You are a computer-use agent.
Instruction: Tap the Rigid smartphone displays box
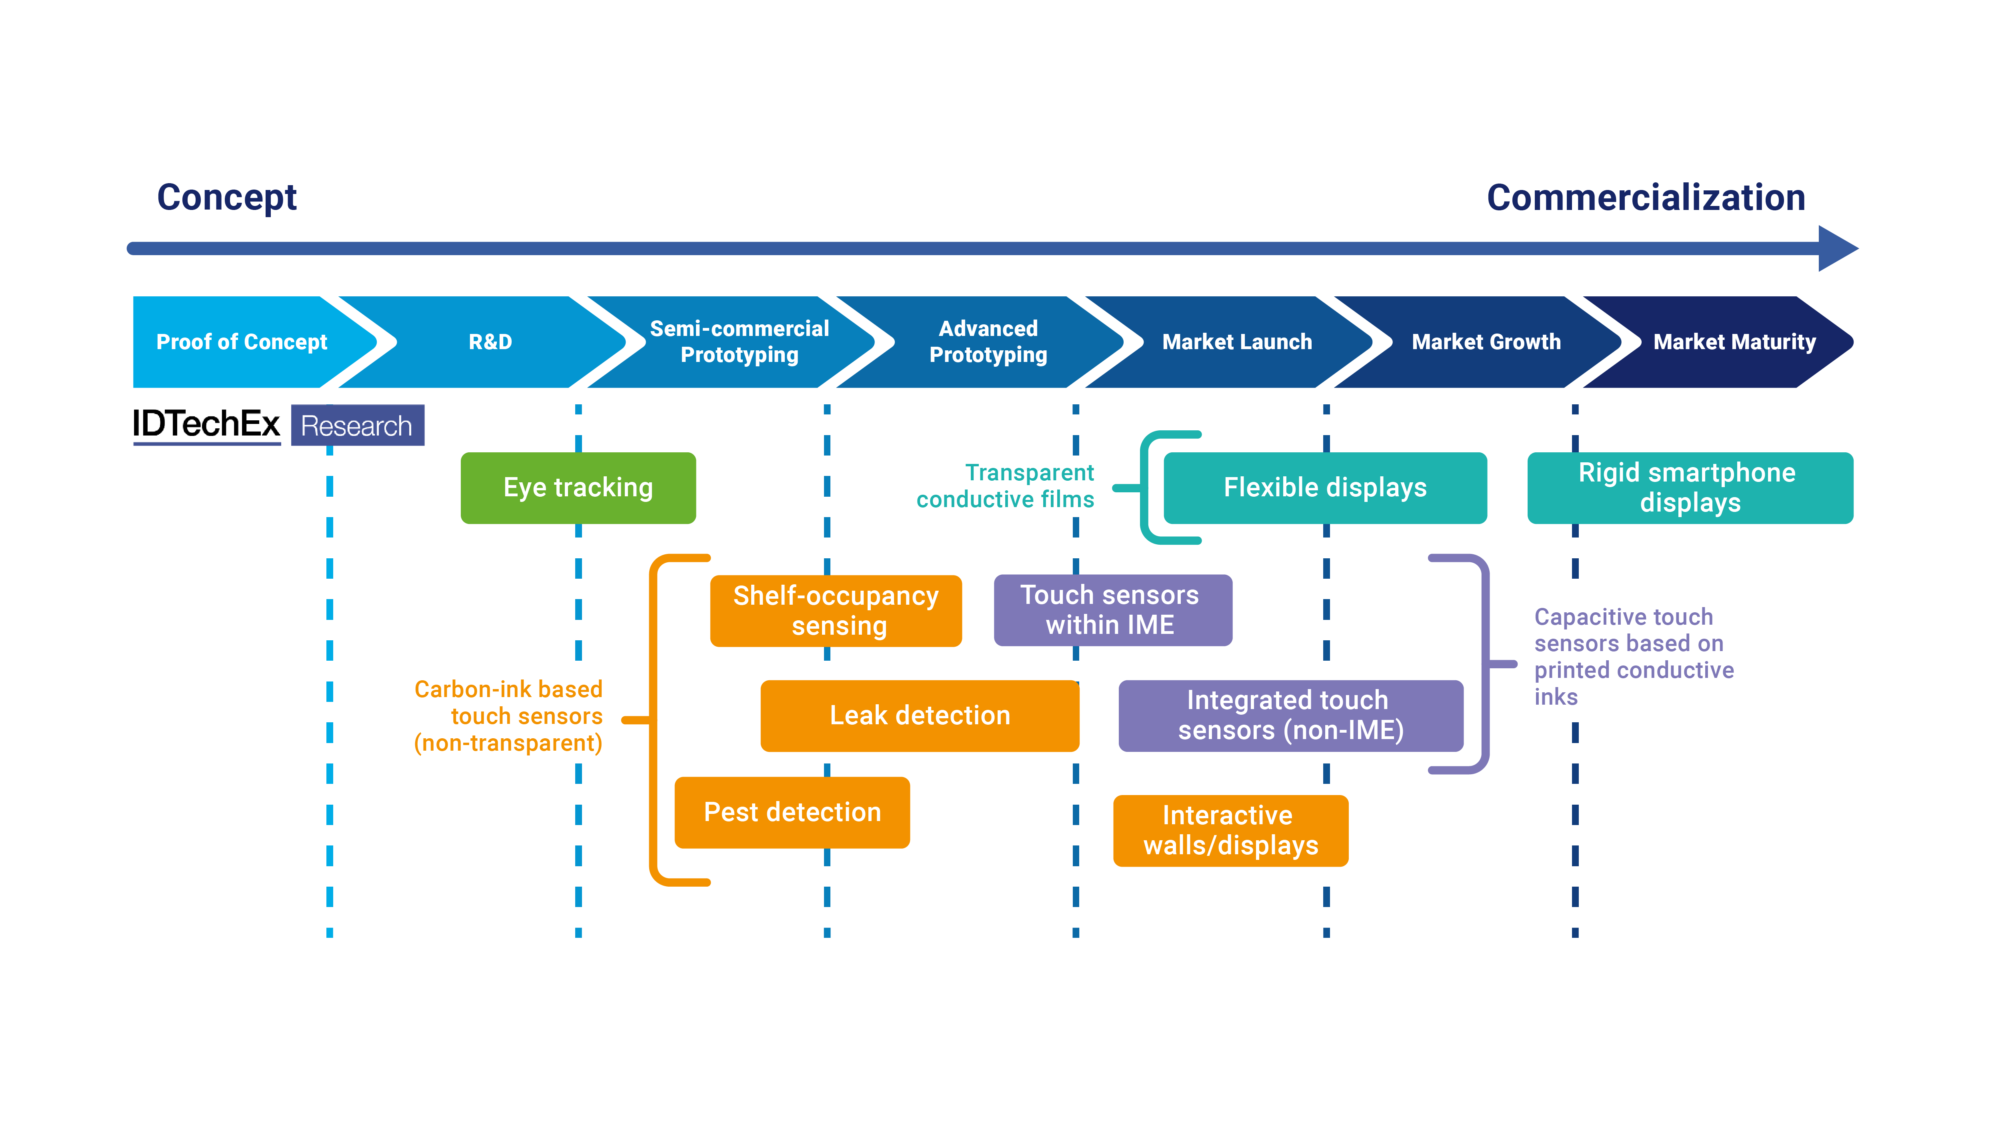pyautogui.click(x=1690, y=488)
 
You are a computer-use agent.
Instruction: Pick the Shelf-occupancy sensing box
pyautogui.click(x=836, y=610)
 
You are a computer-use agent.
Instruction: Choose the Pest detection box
pyautogui.click(x=792, y=812)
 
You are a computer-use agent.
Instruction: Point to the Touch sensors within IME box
pyautogui.click(x=1112, y=610)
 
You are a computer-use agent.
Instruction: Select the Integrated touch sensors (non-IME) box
pyautogui.click(x=1290, y=715)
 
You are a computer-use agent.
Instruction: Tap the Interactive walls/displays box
pyautogui.click(x=1230, y=830)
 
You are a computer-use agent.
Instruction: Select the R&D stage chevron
pyautogui.click(x=490, y=342)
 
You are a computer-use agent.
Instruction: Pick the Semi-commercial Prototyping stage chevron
pyautogui.click(x=739, y=342)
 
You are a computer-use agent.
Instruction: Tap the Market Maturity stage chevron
pyautogui.click(x=1734, y=342)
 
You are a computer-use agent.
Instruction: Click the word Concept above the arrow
pyautogui.click(x=227, y=197)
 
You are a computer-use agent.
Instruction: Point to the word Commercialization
pyautogui.click(x=1645, y=197)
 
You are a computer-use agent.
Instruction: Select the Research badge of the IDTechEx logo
pyautogui.click(x=357, y=426)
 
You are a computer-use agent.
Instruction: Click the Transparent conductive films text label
pyautogui.click(x=1006, y=486)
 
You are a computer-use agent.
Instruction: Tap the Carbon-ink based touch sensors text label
pyautogui.click(x=508, y=716)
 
